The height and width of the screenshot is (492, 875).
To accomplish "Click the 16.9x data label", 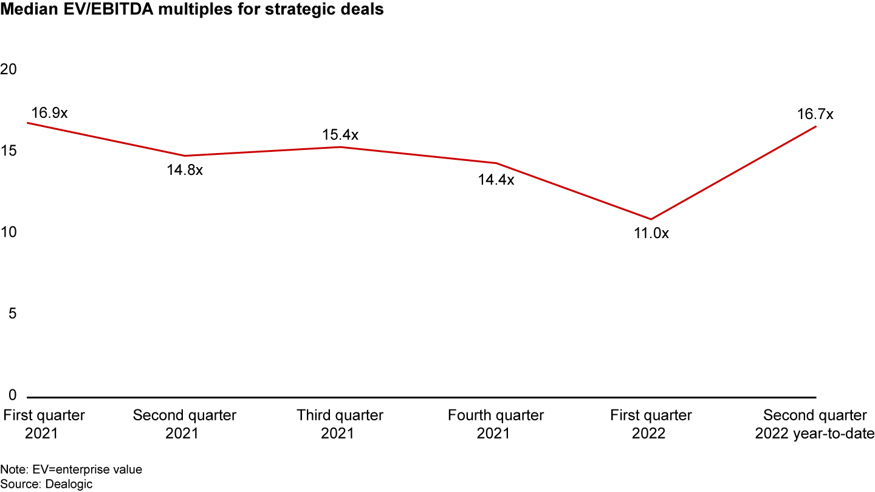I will pyautogui.click(x=49, y=113).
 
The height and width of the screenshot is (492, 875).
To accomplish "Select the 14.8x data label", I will pyautogui.click(x=185, y=170).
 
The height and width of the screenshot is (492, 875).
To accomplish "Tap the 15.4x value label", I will pyautogui.click(x=340, y=135).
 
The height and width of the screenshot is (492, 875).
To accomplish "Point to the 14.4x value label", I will pyautogui.click(x=496, y=180).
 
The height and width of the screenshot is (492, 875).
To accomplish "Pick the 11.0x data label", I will pyautogui.click(x=651, y=233).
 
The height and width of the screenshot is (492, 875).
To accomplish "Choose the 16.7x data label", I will pyautogui.click(x=815, y=114).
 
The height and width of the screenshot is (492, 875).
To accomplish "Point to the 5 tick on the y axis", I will pyautogui.click(x=12, y=314).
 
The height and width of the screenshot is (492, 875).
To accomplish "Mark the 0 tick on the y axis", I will pyautogui.click(x=12, y=395).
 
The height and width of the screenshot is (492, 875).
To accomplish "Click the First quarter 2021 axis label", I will pyautogui.click(x=44, y=425).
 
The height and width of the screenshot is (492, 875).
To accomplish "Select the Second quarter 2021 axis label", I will pyautogui.click(x=185, y=425).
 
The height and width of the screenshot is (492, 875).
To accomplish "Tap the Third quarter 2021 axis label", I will pyautogui.click(x=340, y=425).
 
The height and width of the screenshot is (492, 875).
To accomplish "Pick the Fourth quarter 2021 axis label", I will pyautogui.click(x=496, y=425).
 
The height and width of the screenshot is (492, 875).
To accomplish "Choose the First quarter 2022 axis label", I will pyautogui.click(x=651, y=425).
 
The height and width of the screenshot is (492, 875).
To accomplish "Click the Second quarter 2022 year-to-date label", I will pyautogui.click(x=815, y=425).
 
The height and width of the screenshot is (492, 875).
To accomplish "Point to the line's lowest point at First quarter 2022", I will pyautogui.click(x=651, y=219).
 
